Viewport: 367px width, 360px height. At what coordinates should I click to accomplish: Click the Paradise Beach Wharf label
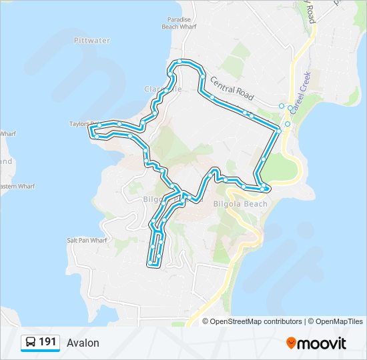click(178, 23)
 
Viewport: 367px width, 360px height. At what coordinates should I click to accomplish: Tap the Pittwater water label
click(91, 41)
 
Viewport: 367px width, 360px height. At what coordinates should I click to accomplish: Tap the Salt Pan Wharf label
click(87, 240)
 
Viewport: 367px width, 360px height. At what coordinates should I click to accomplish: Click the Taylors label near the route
click(83, 124)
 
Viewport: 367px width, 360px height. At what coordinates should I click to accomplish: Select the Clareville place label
click(162, 89)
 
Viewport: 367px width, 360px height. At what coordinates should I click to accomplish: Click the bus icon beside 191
click(31, 343)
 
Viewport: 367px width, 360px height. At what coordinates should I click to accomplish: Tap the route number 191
click(47, 342)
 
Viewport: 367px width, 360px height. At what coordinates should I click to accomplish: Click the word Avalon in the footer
click(83, 343)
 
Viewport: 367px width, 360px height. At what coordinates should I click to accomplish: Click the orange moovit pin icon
click(291, 343)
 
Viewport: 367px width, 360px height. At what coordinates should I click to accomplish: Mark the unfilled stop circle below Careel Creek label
click(288, 125)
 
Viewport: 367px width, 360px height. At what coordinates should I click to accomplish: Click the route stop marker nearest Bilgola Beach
click(266, 189)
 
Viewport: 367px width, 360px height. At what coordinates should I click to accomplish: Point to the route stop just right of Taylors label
click(119, 124)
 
